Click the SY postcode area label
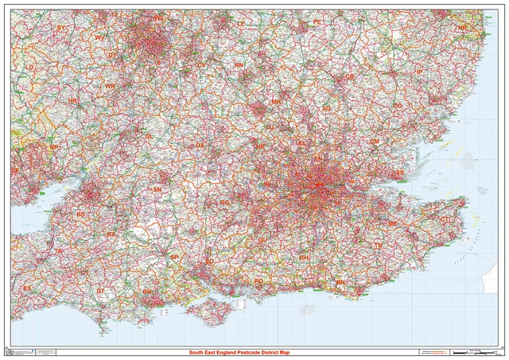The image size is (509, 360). pyautogui.click(x=61, y=27)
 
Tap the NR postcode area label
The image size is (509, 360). pyautogui.click(x=462, y=28)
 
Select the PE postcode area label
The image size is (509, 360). pyautogui.click(x=317, y=22)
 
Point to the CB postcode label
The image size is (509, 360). pyautogui.click(x=348, y=77)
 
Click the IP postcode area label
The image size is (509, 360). pyautogui.click(x=420, y=72)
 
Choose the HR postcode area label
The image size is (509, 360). pyautogui.click(x=73, y=101)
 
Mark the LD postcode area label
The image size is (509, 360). pyautogui.click(x=29, y=68)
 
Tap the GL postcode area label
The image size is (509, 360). pyautogui.click(x=149, y=136)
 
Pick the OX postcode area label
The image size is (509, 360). pyautogui.click(x=200, y=145)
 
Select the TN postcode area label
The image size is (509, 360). pyautogui.click(x=379, y=246)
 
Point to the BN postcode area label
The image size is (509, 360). pyautogui.click(x=341, y=282)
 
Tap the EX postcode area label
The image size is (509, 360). pyautogui.click(x=27, y=288)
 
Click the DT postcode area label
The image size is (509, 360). pyautogui.click(x=100, y=291)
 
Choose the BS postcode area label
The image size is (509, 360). pyautogui.click(x=80, y=215)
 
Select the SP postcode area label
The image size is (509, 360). pyautogui.click(x=174, y=257)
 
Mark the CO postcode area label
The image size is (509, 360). pyautogui.click(x=398, y=105)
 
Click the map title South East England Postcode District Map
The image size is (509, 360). pyautogui.click(x=254, y=351)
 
